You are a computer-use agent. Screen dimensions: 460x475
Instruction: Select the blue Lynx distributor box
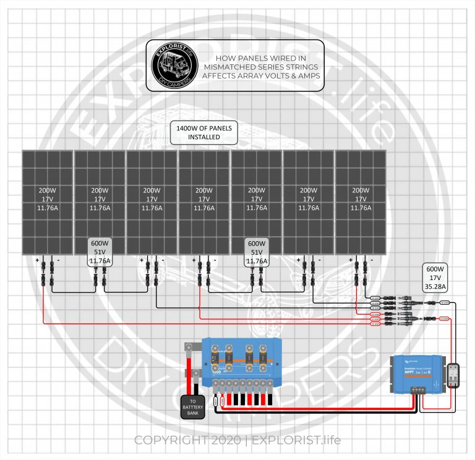pos(242,362)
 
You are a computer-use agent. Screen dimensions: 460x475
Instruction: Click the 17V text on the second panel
pos(100,200)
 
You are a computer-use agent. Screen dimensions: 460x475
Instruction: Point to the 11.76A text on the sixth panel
pos(309,208)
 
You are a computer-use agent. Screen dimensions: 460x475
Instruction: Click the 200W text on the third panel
pos(152,190)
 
